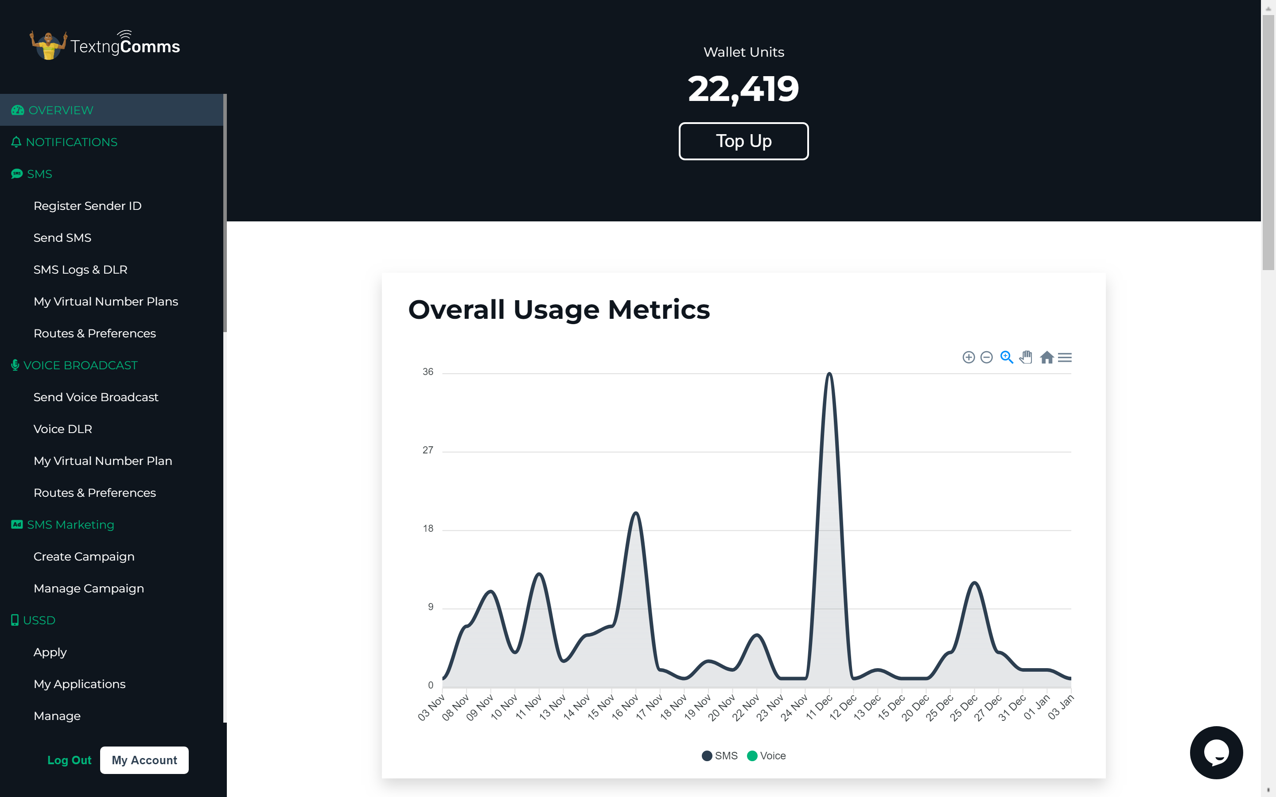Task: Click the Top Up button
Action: pyautogui.click(x=743, y=141)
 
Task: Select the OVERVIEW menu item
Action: pyautogui.click(x=61, y=110)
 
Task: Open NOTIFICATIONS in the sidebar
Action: pyautogui.click(x=71, y=142)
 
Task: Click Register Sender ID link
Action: pyautogui.click(x=88, y=206)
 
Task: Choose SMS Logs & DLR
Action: pyautogui.click(x=80, y=270)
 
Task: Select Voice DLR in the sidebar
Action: pyautogui.click(x=63, y=429)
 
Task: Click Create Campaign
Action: pyautogui.click(x=84, y=557)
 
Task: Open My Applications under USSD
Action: pyautogui.click(x=80, y=684)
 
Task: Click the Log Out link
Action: pyautogui.click(x=69, y=760)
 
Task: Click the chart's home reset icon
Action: pyautogui.click(x=1046, y=358)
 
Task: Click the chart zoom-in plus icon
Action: pyautogui.click(x=968, y=358)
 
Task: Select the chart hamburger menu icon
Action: pyautogui.click(x=1065, y=358)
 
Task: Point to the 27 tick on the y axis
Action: pyautogui.click(x=428, y=450)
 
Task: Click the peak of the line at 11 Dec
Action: pyautogui.click(x=829, y=374)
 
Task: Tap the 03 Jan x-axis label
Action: pyautogui.click(x=1061, y=708)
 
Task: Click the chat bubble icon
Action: pyautogui.click(x=1216, y=752)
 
